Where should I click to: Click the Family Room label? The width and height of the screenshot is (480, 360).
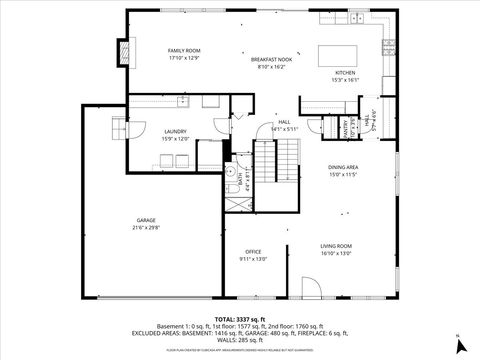click(x=184, y=50)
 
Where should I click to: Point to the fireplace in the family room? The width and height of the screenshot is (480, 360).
click(x=125, y=50)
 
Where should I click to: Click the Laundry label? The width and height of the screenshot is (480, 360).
click(x=176, y=131)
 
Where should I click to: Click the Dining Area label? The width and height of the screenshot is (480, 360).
click(x=344, y=168)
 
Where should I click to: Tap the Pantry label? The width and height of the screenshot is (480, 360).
click(x=346, y=128)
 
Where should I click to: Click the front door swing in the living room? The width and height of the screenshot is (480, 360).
click(x=312, y=287)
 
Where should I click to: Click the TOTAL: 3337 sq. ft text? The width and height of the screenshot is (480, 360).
click(x=240, y=318)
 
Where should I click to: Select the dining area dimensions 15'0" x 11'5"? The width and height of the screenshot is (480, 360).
click(x=344, y=175)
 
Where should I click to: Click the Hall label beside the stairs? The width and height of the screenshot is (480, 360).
click(x=284, y=122)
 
